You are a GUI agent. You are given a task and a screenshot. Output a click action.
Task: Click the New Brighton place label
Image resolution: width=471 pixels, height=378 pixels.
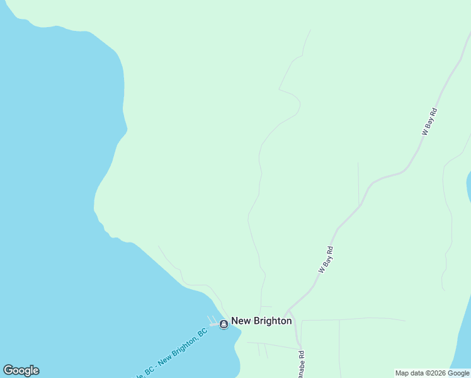point(261,321)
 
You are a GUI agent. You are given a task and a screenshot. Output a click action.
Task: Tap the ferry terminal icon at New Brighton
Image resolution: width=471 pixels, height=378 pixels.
point(224,324)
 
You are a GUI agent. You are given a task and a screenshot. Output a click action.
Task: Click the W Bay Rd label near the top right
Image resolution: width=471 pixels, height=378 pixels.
point(429,122)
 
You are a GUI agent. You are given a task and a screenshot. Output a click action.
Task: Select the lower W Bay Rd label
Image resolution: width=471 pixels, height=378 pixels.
point(326,259)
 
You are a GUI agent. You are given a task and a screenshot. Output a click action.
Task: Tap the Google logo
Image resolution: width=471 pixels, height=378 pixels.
point(21,370)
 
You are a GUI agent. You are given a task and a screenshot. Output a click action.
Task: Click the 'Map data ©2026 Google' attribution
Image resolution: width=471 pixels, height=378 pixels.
point(433,373)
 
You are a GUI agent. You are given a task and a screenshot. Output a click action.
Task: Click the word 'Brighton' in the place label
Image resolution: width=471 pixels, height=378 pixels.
point(272,321)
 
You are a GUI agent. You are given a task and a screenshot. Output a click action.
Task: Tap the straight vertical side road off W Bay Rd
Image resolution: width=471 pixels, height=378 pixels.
point(358,183)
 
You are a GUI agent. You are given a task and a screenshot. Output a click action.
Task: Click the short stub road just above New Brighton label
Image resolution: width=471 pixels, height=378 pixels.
point(266,307)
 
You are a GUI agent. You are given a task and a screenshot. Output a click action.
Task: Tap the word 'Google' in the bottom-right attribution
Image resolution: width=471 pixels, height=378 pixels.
point(458,373)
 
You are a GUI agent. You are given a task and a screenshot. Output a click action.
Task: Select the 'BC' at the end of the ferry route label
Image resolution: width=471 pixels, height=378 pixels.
point(202,333)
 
